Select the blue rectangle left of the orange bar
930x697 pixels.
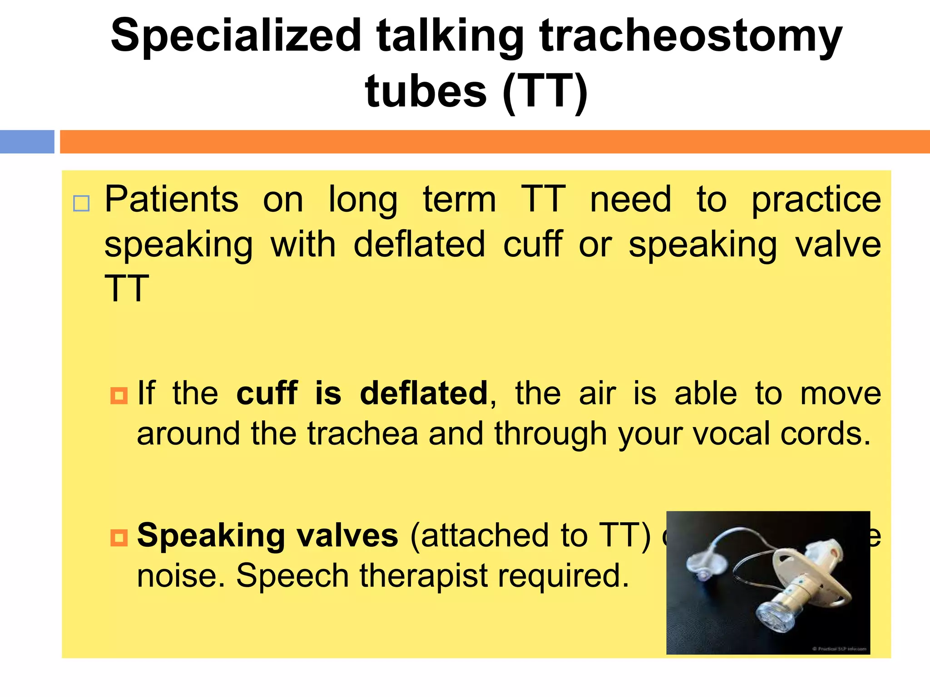pos(27,142)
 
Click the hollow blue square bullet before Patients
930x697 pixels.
pos(81,204)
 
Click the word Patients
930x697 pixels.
pos(172,200)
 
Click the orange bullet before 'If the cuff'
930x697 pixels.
pos(119,395)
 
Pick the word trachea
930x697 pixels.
pos(362,434)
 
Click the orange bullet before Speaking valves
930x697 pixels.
pos(119,538)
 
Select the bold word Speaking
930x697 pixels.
pos(211,536)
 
